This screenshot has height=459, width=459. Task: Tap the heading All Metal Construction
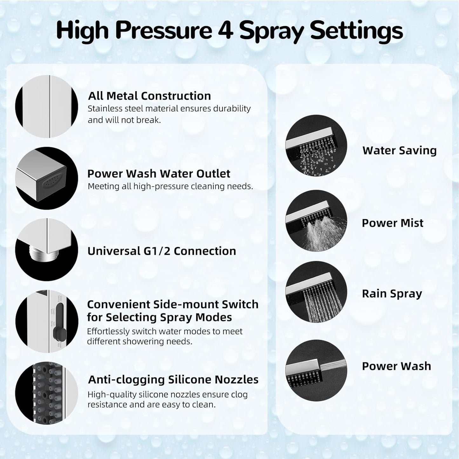[149, 96]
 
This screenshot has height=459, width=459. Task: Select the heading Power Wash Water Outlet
[159, 174]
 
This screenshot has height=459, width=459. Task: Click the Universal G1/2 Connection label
[161, 251]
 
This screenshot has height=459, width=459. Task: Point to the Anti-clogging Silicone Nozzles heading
[173, 380]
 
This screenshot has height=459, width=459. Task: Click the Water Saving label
[399, 151]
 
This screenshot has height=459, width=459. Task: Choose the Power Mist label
[392, 223]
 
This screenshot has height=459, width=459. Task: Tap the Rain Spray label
[392, 294]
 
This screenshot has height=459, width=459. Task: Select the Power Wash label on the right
[396, 366]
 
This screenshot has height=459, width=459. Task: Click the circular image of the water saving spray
[316, 146]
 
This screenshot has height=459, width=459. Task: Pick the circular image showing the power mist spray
[316, 220]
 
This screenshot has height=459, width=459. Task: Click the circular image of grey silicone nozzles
[47, 393]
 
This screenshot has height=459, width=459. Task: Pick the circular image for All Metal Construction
[47, 106]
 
